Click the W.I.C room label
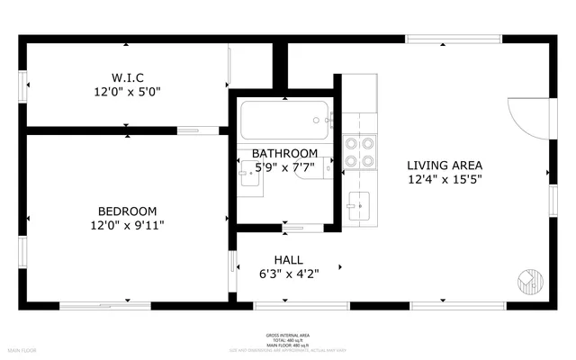click(127, 76)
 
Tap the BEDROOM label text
click(127, 211)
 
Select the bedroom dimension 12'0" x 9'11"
click(127, 225)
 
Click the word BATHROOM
click(284, 153)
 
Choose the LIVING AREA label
click(445, 165)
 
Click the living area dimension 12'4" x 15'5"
click(445, 180)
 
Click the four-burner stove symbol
click(360, 151)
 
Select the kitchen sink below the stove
click(358, 204)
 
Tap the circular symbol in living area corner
click(530, 281)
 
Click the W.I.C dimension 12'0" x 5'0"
click(127, 91)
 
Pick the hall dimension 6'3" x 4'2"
click(288, 274)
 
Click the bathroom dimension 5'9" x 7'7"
click(284, 167)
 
